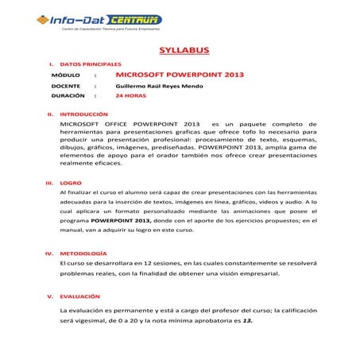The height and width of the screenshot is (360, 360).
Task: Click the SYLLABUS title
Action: coord(184,51)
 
